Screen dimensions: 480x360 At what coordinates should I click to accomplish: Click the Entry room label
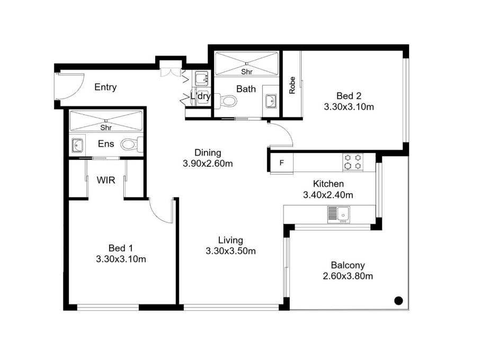click(105, 87)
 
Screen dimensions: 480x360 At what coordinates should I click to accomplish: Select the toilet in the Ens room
click(131, 145)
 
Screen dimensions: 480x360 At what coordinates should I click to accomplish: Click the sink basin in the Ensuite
click(77, 145)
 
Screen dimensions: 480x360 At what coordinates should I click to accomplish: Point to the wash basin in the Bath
click(271, 101)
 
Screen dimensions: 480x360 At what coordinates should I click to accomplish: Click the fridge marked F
click(282, 163)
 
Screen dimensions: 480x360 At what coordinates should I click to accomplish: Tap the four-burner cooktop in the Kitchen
click(353, 162)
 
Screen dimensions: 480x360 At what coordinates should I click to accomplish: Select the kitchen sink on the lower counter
click(339, 214)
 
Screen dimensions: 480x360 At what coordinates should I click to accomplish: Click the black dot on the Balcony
click(398, 301)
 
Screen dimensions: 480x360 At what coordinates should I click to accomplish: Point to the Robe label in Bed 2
click(292, 85)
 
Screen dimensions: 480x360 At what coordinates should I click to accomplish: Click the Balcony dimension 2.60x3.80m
click(348, 276)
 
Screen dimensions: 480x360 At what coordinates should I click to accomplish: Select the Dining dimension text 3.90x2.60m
click(208, 164)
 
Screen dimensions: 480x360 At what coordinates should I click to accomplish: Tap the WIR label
click(106, 180)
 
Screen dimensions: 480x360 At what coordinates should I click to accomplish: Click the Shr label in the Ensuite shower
click(106, 128)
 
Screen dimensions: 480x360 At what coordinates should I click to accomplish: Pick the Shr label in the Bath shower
click(247, 72)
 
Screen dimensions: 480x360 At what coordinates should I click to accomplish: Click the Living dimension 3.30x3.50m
click(230, 251)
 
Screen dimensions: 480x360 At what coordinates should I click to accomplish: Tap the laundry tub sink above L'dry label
click(201, 78)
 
